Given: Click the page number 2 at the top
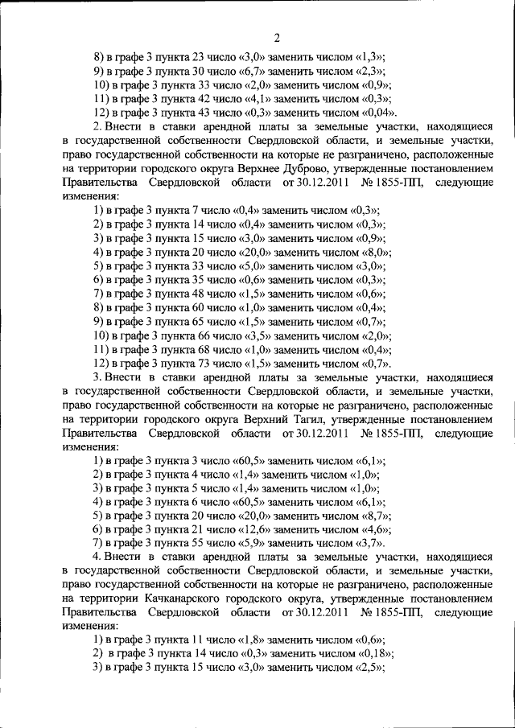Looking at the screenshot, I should click(x=276, y=38).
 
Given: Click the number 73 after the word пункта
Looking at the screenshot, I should click(x=203, y=364).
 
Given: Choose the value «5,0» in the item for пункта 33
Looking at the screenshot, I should click(x=252, y=266).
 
